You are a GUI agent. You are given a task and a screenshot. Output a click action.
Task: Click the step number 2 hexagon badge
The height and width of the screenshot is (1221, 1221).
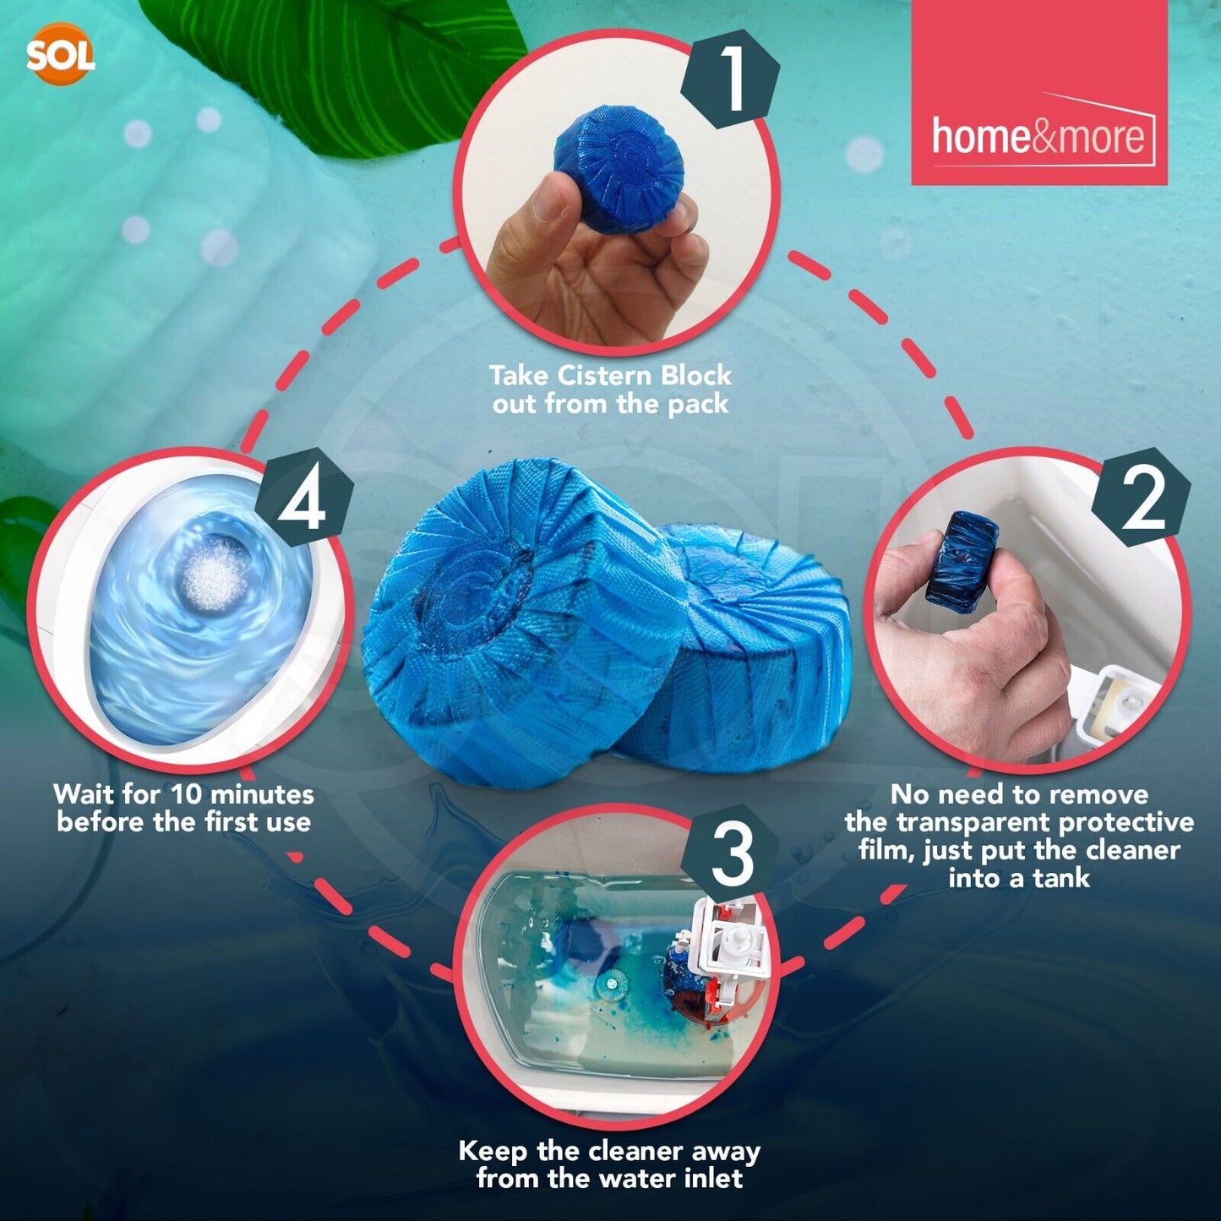[1140, 499]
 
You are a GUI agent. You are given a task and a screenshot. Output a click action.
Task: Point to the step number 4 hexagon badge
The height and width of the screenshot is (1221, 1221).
[303, 499]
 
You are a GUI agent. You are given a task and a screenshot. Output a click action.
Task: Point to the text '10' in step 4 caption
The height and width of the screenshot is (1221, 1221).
[188, 794]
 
